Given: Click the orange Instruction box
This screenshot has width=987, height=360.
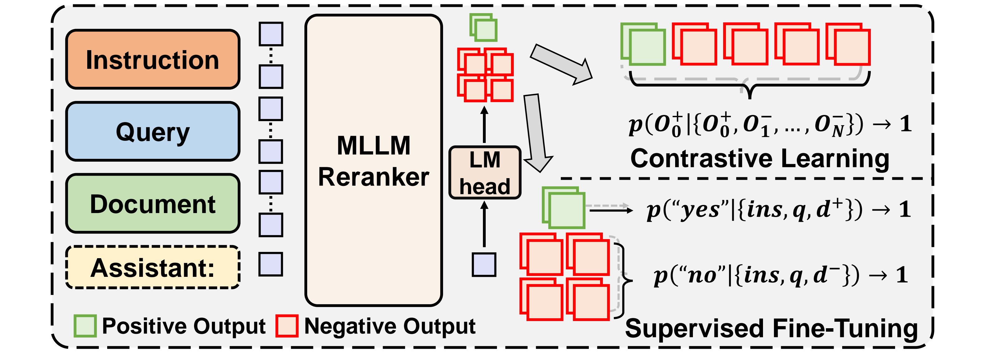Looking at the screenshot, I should (152, 59).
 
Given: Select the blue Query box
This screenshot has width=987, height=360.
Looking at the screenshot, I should (152, 131).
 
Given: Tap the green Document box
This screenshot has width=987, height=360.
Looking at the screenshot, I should (152, 203).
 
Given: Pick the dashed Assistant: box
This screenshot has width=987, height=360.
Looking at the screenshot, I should (152, 267).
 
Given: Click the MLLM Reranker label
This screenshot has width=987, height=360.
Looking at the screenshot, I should (374, 161).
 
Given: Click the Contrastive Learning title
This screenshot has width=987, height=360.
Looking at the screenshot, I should (759, 158).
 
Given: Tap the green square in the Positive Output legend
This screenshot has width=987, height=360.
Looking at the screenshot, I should (85, 326).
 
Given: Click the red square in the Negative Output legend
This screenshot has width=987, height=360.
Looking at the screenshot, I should (287, 326).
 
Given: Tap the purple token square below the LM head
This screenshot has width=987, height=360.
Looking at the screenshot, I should (484, 264).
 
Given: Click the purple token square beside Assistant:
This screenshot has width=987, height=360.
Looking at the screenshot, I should (271, 264).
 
